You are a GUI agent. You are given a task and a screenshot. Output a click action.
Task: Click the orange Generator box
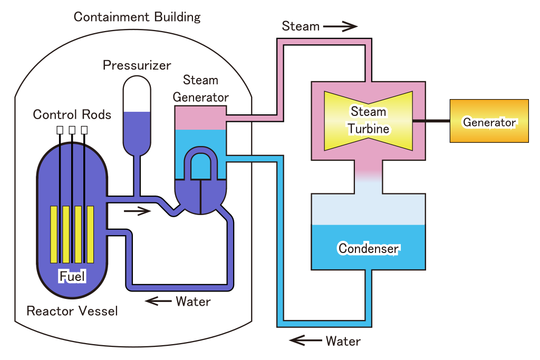coord(489,121)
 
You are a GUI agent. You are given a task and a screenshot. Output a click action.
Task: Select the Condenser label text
coord(369,248)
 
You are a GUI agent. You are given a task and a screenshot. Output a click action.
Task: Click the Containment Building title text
coord(137,17)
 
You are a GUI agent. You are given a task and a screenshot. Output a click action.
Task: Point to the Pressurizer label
coord(137,66)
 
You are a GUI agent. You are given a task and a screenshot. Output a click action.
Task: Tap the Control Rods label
coord(72,114)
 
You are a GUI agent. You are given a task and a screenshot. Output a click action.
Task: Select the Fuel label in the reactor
coord(72,276)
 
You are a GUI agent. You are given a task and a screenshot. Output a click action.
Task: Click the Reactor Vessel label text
coord(72,311)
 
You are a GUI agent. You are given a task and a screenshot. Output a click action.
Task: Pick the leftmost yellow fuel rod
coord(54,234)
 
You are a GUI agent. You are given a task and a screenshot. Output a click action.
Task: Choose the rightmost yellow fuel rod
coord(90,234)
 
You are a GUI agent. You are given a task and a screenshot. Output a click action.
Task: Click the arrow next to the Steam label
coord(340,26)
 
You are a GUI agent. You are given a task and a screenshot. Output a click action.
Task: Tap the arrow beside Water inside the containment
coord(158,301)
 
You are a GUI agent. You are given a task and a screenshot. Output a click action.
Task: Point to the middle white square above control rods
coord(72,130)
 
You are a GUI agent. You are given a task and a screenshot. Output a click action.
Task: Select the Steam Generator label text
coord(200,89)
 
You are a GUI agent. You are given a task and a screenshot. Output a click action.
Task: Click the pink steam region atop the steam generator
coord(200,117)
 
